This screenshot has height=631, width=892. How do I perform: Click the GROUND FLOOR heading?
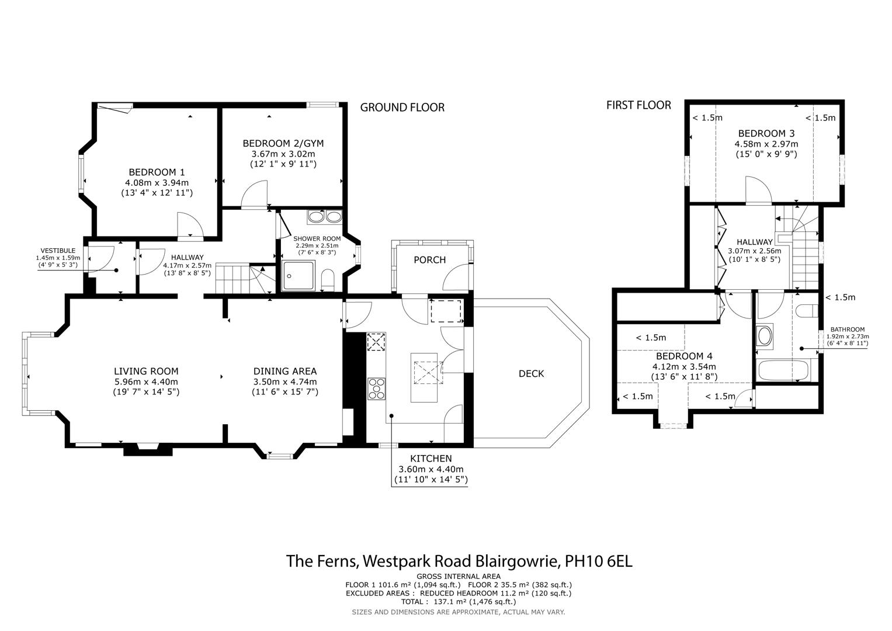(402, 108)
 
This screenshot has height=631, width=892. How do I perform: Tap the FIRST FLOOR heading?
(638, 105)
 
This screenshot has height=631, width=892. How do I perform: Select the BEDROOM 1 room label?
(157, 172)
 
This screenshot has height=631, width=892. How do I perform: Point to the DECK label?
(531, 374)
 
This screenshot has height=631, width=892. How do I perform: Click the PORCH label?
(429, 260)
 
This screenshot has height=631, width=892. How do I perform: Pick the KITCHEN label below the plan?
(431, 459)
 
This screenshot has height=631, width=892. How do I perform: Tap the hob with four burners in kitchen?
(377, 389)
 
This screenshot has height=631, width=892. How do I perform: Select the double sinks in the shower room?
(325, 217)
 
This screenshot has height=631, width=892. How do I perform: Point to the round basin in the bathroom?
(765, 336)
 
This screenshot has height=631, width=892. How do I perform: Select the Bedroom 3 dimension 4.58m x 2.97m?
(766, 144)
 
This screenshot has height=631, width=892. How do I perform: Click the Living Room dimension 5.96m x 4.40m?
(146, 382)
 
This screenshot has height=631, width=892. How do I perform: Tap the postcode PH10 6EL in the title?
(599, 561)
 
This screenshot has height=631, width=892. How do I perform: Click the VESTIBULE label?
(58, 251)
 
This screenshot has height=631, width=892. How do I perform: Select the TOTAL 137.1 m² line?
(459, 601)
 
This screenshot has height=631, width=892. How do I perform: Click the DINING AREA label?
(285, 371)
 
